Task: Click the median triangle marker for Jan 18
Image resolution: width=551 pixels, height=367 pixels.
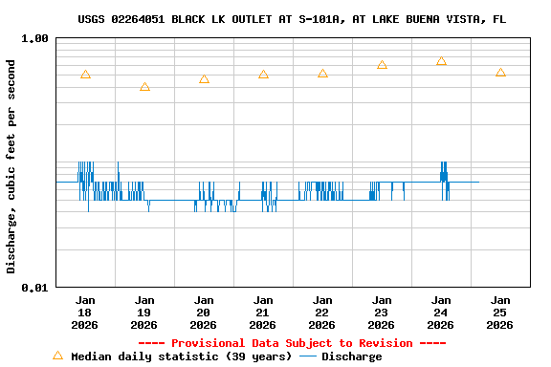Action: coord(85,75)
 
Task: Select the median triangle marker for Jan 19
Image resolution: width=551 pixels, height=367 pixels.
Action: coord(144,87)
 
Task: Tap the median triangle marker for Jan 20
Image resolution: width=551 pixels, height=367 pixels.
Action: coord(204,79)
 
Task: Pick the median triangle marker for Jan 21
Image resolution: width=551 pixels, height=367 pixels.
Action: coord(263,75)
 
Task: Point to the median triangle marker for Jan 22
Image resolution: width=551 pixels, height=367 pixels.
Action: coord(322,74)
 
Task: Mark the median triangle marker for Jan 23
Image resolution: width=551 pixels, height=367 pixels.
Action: coord(382,65)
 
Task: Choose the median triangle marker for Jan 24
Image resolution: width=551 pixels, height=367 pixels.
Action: coord(441,61)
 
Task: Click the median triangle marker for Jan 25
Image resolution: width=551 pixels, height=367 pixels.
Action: coord(500,73)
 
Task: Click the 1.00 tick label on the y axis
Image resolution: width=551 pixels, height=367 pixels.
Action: coord(34,39)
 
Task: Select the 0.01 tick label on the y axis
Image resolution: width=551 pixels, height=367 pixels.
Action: coord(34,288)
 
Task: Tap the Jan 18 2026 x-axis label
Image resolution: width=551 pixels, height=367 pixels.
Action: coord(85,312)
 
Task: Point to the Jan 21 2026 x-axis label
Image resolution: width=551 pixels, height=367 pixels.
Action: coord(263,312)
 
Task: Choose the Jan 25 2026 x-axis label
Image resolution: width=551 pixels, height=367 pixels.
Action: coord(500,312)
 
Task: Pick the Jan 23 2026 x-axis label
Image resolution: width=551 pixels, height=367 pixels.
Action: coord(382,312)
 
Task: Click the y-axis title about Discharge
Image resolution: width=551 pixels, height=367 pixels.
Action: coord(11,166)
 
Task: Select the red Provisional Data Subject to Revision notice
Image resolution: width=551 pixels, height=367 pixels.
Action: coord(292,343)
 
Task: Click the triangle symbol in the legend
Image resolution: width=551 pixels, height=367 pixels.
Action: coord(57,356)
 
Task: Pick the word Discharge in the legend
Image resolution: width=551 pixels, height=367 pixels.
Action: coord(351,356)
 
